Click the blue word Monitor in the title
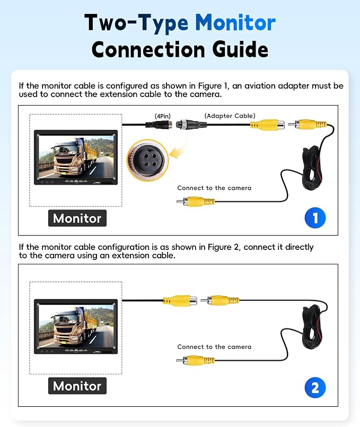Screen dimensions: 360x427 coord(235,23)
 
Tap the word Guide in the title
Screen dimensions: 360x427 coord(240,49)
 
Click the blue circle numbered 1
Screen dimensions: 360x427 coord(315,218)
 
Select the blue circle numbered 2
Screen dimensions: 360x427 coord(315,388)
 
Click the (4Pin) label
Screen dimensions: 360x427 coord(163,116)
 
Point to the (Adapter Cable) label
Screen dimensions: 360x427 coord(230,116)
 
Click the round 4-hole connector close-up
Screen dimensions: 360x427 coord(148,160)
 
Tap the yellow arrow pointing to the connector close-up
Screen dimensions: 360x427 coord(178,152)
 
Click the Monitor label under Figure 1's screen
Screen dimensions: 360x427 coord(77,218)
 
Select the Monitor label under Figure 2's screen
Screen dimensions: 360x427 coord(77,386)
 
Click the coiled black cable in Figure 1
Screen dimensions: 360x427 coord(312,168)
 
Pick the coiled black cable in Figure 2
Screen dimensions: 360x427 coord(312,327)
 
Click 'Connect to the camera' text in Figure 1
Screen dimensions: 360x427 coord(214,188)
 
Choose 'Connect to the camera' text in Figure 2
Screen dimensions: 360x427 coord(214,347)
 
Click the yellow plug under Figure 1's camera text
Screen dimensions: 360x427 coord(196,202)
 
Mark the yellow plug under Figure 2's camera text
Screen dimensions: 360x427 coord(196,361)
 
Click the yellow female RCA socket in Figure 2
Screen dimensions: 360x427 coord(180,301)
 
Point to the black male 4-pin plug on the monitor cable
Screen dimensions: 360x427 coord(159,125)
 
